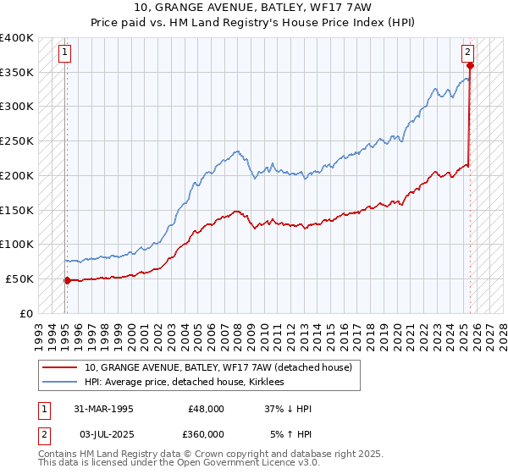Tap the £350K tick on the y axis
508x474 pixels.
(x=16, y=72)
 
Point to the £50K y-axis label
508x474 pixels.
(x=19, y=278)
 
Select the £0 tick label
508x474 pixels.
(x=25, y=313)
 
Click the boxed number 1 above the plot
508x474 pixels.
(x=65, y=52)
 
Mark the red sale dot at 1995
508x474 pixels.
(x=67, y=279)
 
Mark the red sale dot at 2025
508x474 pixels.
(x=470, y=65)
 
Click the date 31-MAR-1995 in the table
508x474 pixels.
(x=103, y=409)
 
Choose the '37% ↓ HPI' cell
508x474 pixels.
(x=290, y=409)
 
